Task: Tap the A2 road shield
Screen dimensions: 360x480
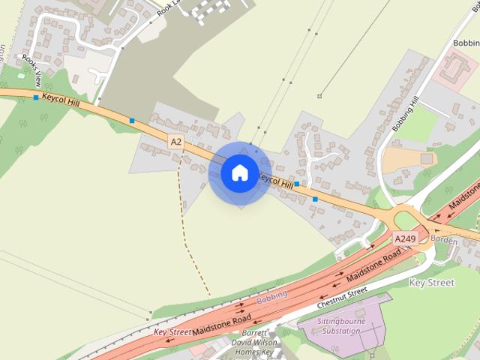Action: tap(176, 141)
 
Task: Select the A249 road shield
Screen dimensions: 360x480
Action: tap(405, 239)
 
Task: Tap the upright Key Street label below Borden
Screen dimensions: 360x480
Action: tap(431, 283)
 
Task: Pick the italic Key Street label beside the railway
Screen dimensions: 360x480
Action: tap(172, 331)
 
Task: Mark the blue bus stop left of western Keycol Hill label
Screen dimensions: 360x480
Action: tap(36, 97)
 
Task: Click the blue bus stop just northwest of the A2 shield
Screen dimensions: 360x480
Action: tap(132, 120)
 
